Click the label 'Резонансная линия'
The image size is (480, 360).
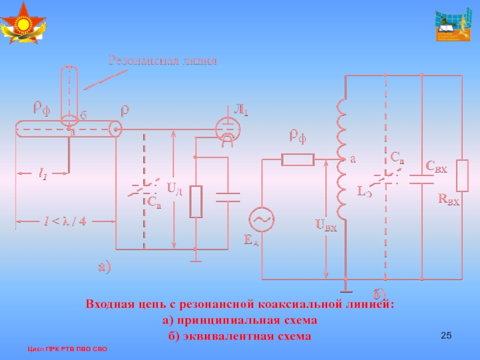tap(161, 60)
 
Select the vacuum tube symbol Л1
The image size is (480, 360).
tap(228, 128)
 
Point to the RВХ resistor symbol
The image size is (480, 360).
tap(463, 175)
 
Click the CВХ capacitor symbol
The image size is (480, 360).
tap(422, 178)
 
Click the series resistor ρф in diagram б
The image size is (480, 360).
tap(298, 159)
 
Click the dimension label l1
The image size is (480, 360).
tap(44, 175)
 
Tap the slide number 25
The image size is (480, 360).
tap(445, 334)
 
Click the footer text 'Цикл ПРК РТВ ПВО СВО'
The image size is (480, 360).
tap(67, 349)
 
